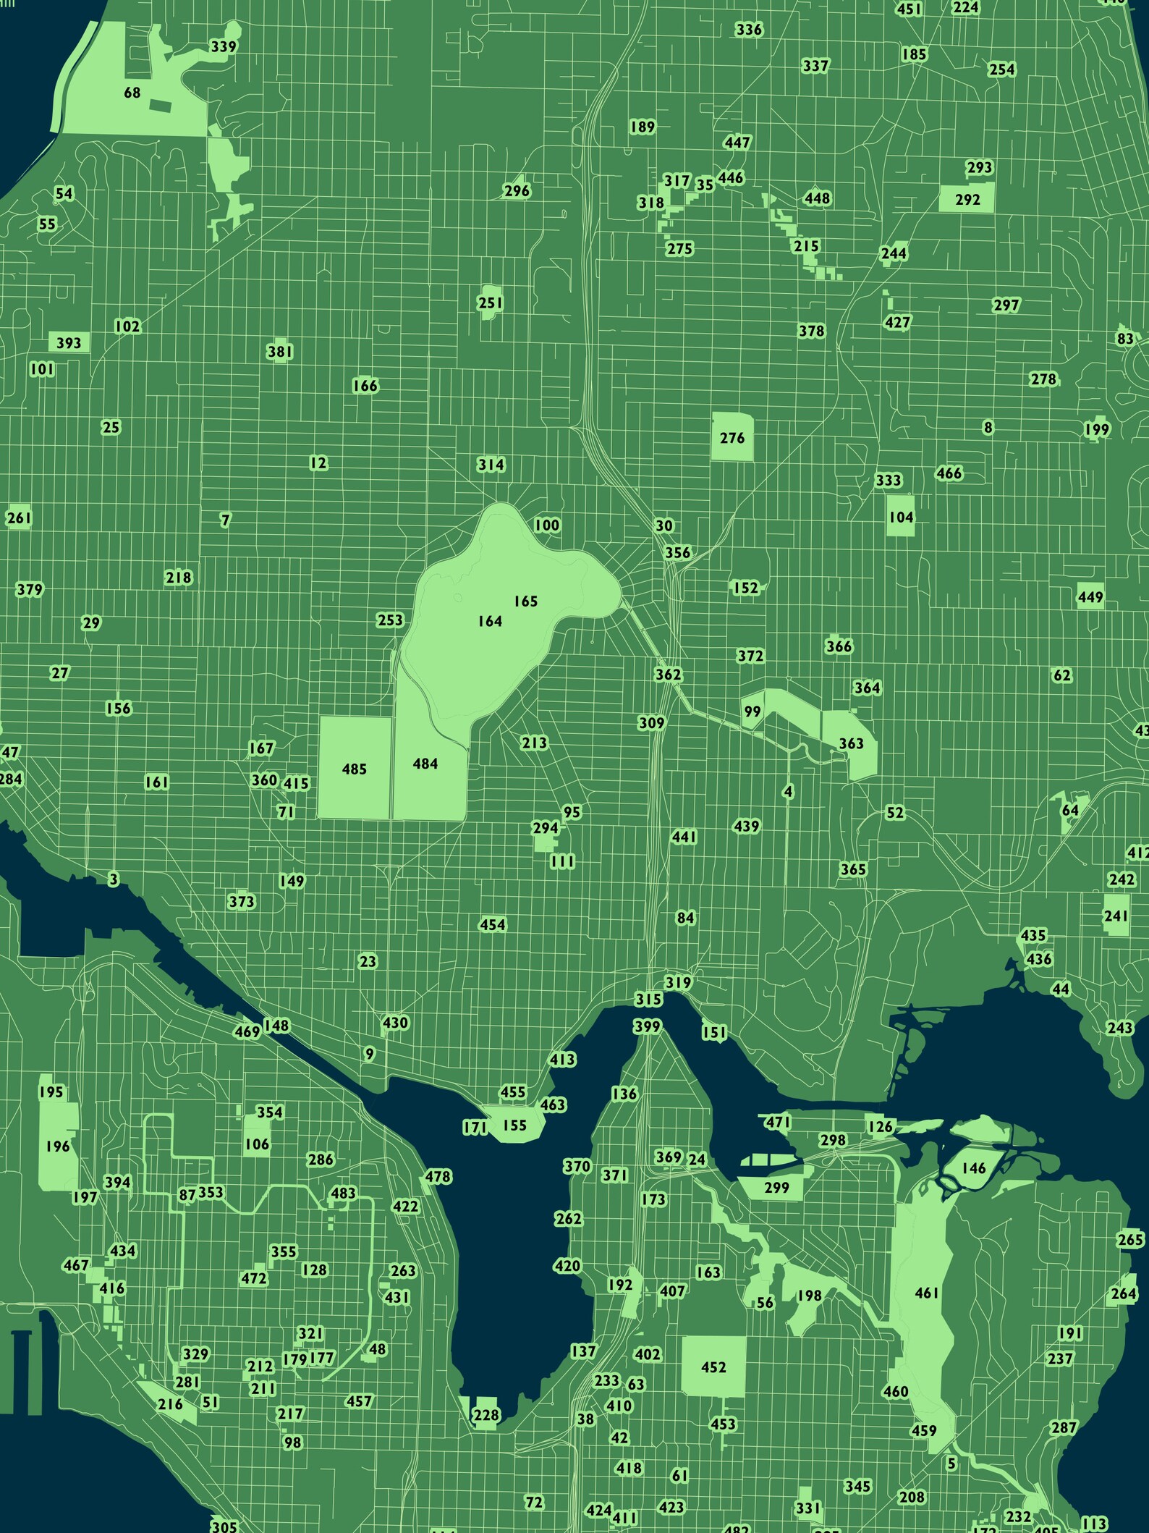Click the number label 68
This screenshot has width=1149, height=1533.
pyautogui.click(x=132, y=93)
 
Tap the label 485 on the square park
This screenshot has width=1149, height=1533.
pyautogui.click(x=355, y=769)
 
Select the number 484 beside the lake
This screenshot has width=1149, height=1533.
pyautogui.click(x=425, y=764)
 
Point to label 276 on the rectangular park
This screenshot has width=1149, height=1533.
pyautogui.click(x=732, y=438)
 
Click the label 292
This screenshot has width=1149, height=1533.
pyautogui.click(x=967, y=199)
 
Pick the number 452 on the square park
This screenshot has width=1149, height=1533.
pyautogui.click(x=713, y=1367)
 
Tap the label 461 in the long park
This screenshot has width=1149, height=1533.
pyautogui.click(x=927, y=1293)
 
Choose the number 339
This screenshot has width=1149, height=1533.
pyautogui.click(x=224, y=47)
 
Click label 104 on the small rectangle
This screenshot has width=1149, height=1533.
pyautogui.click(x=901, y=517)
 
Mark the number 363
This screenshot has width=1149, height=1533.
pyautogui.click(x=851, y=743)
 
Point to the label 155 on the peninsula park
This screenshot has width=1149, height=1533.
pyautogui.click(x=514, y=1125)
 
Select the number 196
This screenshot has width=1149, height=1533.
pyautogui.click(x=58, y=1146)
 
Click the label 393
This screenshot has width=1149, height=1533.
pyautogui.click(x=69, y=342)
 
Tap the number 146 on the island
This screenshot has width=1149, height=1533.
pyautogui.click(x=974, y=1168)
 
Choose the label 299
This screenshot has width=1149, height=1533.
pyautogui.click(x=776, y=1188)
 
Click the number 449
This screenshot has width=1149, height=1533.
pyautogui.click(x=1090, y=597)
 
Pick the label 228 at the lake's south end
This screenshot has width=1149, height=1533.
pyautogui.click(x=486, y=1415)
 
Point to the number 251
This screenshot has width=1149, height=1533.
pyautogui.click(x=491, y=303)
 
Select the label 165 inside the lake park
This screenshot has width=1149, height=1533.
pyautogui.click(x=526, y=601)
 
